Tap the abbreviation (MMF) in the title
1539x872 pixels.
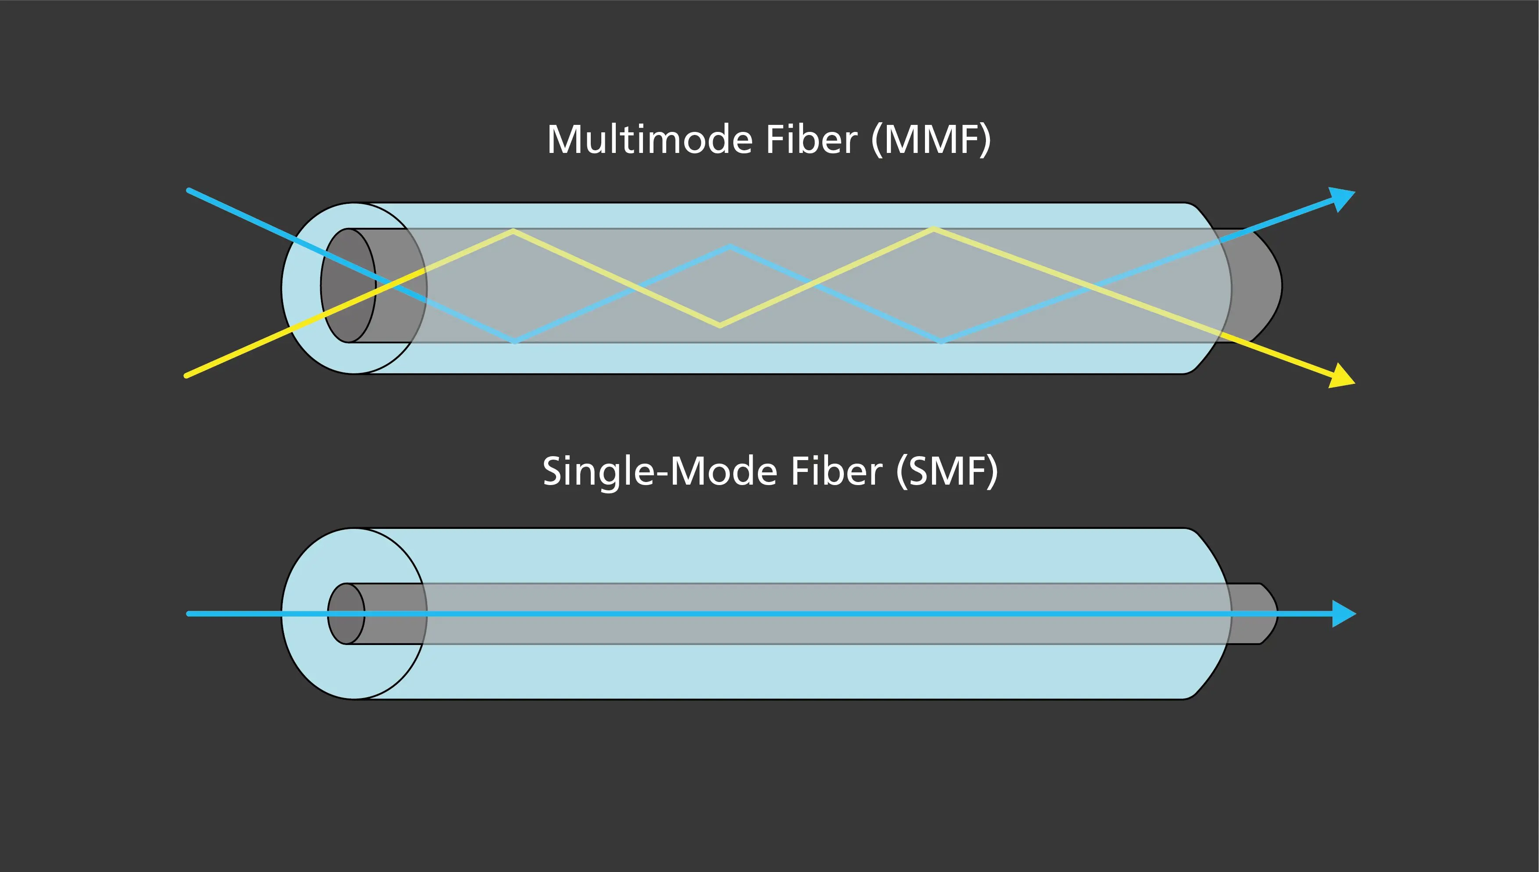[x=931, y=139]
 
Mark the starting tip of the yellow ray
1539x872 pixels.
[x=187, y=376]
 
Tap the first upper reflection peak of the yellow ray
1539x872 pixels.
[x=514, y=230]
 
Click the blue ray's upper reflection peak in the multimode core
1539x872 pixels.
[x=729, y=246]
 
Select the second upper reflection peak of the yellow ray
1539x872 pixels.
[x=933, y=228]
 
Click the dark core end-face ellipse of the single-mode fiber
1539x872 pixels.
[x=346, y=614]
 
